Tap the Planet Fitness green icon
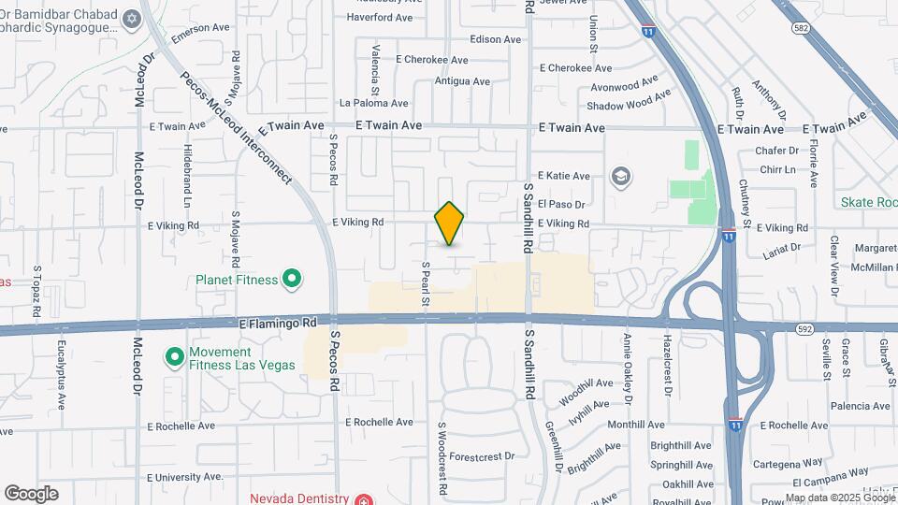[x=292, y=279]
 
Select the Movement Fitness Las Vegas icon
[x=174, y=356]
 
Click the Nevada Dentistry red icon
[x=361, y=498]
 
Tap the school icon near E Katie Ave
[x=618, y=176]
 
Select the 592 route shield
[x=804, y=329]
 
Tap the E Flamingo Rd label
[x=278, y=321]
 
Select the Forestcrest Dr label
[x=482, y=456]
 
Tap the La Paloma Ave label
[x=374, y=103]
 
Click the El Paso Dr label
[x=561, y=204]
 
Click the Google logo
[x=31, y=494]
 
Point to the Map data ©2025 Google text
[x=840, y=498]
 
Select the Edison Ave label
[x=496, y=39]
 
